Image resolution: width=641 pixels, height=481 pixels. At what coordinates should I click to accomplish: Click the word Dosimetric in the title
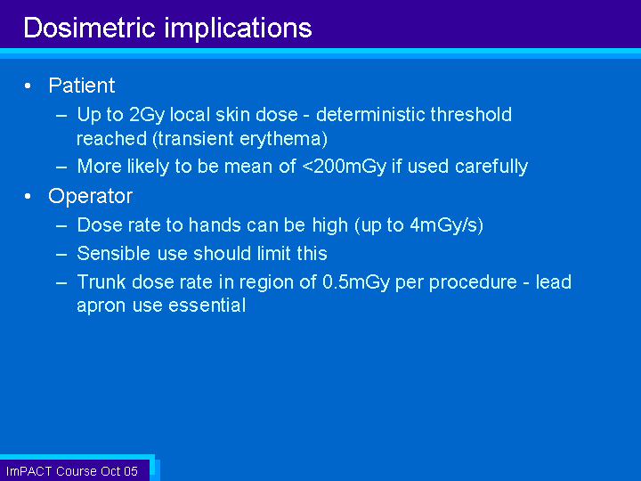pos(89,28)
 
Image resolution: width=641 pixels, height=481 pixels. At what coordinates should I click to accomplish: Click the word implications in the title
pos(238,29)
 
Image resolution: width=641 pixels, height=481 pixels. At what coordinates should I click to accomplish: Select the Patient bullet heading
pos(82,86)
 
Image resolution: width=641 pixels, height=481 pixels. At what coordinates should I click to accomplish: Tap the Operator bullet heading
pos(90,196)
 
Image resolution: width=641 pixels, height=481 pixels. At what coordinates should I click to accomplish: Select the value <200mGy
pos(345,167)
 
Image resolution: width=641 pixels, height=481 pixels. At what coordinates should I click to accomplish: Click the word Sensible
pos(114,254)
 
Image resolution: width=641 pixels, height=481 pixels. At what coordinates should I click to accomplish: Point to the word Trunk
pos(101,281)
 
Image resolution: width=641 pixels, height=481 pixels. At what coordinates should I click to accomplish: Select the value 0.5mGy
pos(356,282)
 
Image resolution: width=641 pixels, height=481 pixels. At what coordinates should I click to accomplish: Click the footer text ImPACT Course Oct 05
pos(72,471)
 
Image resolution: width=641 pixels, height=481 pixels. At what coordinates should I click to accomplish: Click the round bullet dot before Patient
pos(28,86)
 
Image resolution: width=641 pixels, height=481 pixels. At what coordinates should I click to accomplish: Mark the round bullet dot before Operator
pos(28,196)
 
